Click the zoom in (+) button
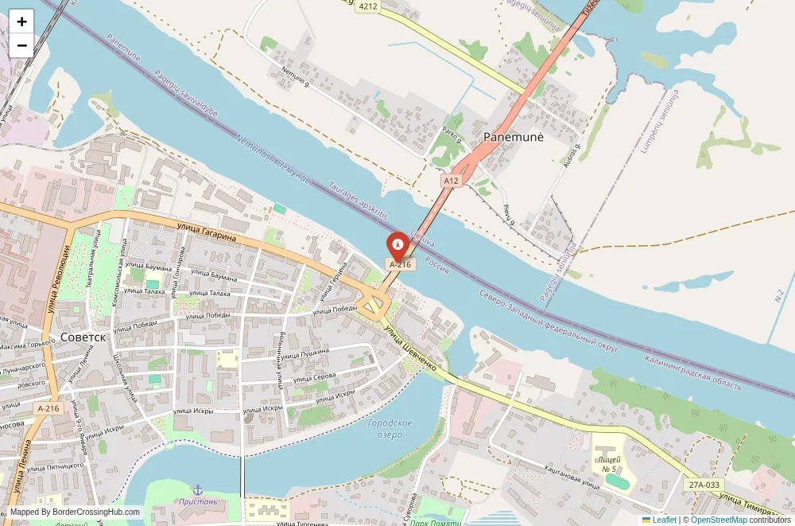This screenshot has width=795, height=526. pos(21,21)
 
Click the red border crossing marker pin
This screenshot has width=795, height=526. pos(397,244)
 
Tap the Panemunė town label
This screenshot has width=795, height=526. pos(514,137)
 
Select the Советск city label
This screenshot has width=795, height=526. pos(83,337)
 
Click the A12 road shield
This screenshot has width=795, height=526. pos(452,181)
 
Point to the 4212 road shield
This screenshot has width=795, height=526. pos(368,6)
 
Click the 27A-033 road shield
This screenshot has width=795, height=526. pos(704,483)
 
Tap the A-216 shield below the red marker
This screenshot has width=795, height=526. pos(399,263)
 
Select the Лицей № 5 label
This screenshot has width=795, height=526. pos(611,464)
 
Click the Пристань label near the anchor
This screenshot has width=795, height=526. pos(198,501)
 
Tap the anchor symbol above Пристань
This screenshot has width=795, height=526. pos(197,489)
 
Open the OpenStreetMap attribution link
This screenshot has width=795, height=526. pos(719,520)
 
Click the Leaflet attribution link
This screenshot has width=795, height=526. pos(659,520)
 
